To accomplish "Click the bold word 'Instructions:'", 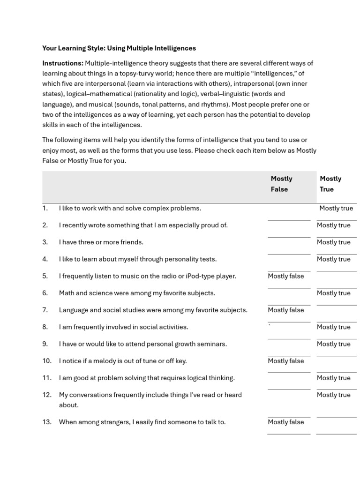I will click(63, 63).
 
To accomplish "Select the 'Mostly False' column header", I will click(281, 184).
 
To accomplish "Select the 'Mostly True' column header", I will click(330, 184).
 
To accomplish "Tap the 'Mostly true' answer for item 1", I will click(336, 208).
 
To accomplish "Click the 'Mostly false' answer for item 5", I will click(285, 276).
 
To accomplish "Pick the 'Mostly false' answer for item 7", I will click(285, 310).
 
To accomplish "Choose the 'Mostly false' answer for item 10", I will click(285, 361).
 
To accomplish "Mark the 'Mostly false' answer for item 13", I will click(285, 422).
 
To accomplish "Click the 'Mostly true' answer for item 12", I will click(333, 395).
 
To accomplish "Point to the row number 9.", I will click(45, 344).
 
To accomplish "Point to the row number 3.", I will click(45, 242).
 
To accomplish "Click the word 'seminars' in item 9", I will click(213, 344).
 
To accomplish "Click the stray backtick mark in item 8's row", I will click(269, 325).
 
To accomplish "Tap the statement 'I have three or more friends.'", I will click(101, 242).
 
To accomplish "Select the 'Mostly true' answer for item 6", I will click(333, 293).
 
